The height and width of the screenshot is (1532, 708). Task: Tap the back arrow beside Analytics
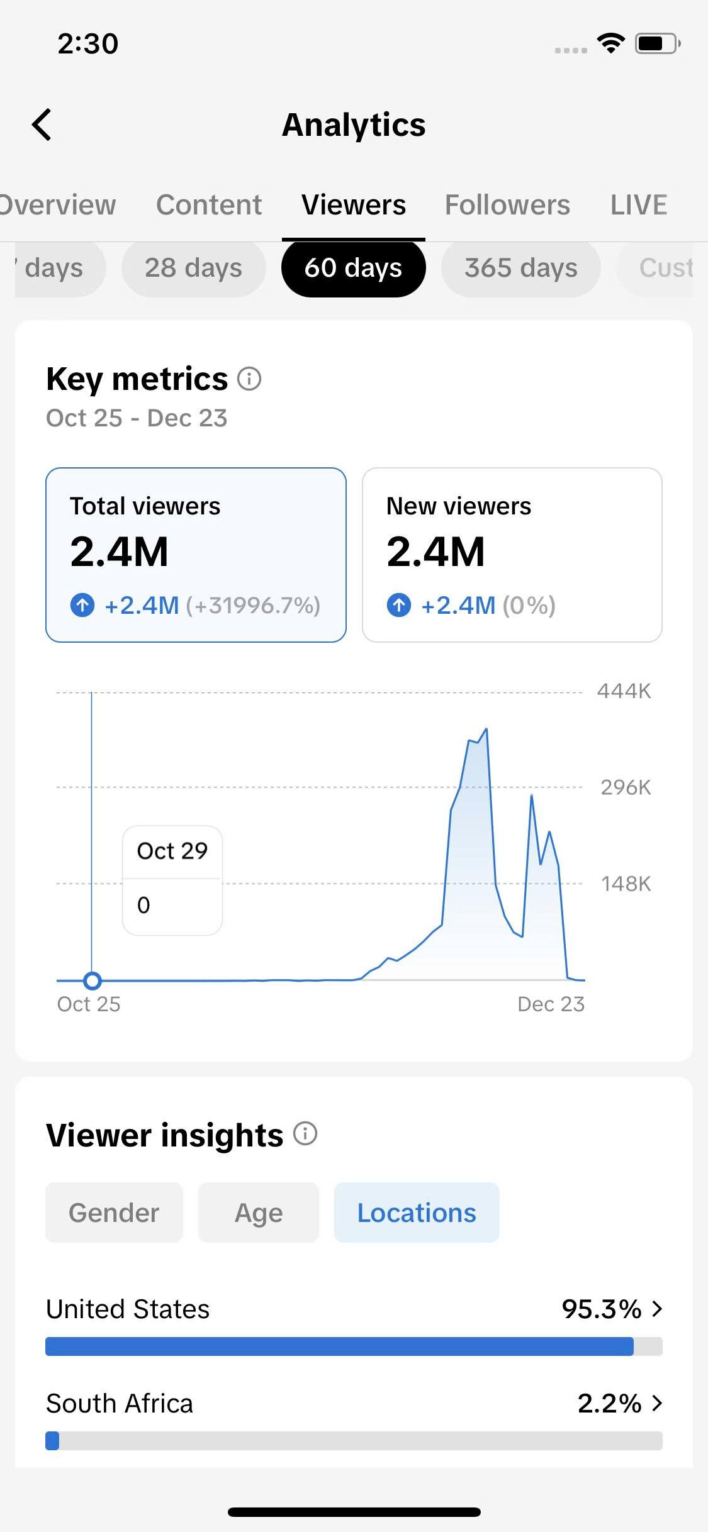42,125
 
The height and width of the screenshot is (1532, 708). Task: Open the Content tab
209,205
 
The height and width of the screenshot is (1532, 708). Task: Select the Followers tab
507,205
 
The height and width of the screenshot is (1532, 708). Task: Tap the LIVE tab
639,205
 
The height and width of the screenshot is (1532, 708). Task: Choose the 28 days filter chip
193,268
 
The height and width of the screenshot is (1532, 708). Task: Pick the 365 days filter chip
520,268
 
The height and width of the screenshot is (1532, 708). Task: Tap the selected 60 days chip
353,268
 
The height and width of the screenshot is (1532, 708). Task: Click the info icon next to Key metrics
249,379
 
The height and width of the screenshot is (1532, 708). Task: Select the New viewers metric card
512,555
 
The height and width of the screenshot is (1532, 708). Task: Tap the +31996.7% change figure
253,606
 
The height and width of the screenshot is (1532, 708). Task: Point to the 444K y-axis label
624,691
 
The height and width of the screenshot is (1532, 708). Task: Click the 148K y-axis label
626,884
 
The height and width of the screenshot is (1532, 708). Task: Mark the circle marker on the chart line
93,980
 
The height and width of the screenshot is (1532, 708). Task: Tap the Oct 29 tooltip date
172,851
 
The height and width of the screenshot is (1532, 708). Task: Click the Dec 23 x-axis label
551,1004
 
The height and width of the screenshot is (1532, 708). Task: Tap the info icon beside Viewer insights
305,1134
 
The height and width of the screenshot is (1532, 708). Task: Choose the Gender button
114,1213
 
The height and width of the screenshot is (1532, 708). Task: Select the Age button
259,1213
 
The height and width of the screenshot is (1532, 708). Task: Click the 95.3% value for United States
601,1309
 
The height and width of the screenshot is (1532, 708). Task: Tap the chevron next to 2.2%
657,1404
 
